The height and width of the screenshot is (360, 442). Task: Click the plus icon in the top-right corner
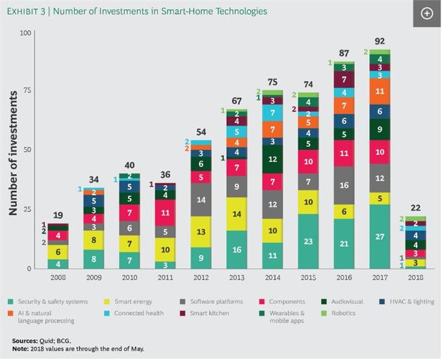coord(427,14)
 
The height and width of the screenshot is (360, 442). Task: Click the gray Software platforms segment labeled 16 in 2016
coord(344,185)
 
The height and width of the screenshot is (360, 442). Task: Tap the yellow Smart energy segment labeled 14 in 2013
coord(236,214)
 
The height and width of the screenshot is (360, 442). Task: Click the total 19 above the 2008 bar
coord(57,215)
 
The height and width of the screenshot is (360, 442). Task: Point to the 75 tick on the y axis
coord(26,91)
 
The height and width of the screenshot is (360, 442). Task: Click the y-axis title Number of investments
coord(12,153)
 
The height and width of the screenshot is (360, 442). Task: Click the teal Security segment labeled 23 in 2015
coord(308,241)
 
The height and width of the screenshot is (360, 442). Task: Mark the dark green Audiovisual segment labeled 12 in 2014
coord(272,159)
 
